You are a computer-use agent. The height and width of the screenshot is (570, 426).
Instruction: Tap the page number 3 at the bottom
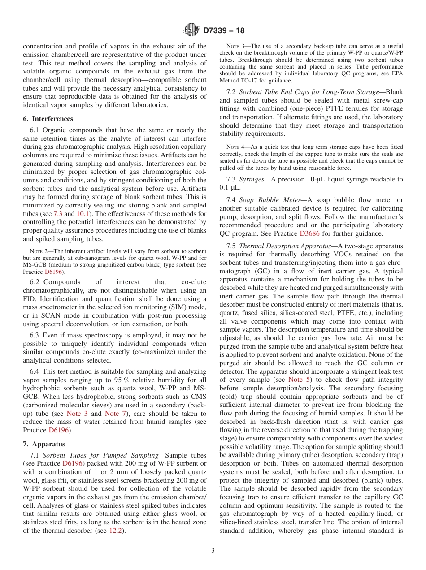tap(213, 551)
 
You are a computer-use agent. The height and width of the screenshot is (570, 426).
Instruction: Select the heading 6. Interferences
tap(48, 119)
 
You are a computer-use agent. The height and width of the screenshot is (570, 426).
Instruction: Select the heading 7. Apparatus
tap(44, 444)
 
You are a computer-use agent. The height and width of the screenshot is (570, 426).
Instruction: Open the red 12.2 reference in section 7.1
tap(116, 531)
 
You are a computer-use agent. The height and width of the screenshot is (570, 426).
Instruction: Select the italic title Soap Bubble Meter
tap(268, 200)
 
